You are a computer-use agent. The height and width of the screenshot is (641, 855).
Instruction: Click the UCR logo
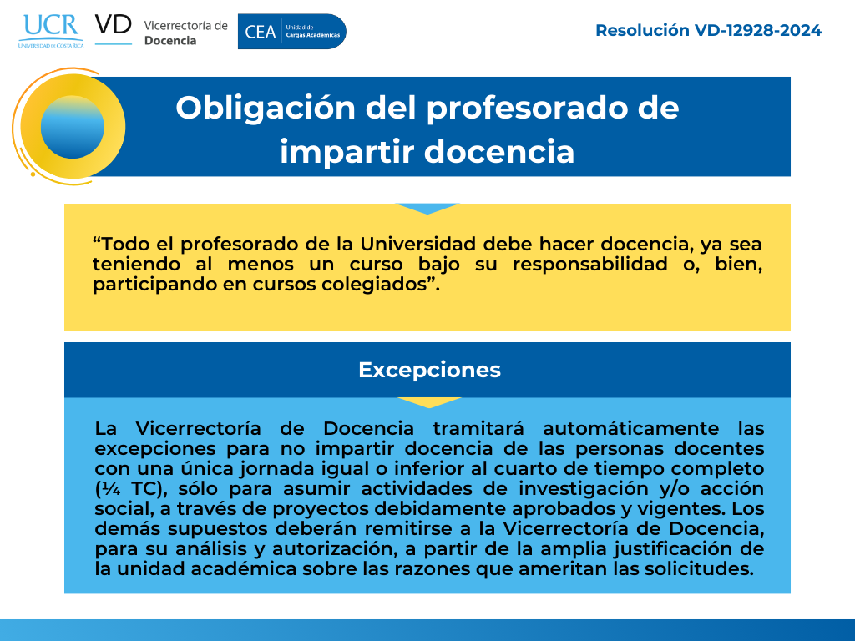(x=51, y=31)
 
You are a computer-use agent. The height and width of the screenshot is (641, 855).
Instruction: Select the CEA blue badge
(x=291, y=32)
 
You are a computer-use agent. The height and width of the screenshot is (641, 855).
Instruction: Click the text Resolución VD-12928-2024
(x=708, y=31)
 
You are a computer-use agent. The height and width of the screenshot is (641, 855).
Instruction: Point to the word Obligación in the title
(x=266, y=109)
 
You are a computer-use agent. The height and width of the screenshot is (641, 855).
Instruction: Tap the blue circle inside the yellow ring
(x=73, y=127)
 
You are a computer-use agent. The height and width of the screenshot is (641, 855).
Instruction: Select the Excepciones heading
(x=430, y=370)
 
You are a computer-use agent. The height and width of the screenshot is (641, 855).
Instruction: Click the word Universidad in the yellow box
(x=417, y=244)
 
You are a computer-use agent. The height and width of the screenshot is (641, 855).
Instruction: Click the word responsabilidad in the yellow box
(x=590, y=265)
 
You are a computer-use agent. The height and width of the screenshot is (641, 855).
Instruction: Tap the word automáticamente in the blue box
(x=631, y=428)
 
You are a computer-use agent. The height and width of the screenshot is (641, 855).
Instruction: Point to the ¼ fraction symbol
(x=111, y=488)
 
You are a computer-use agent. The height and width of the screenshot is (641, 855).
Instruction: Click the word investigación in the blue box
(x=584, y=489)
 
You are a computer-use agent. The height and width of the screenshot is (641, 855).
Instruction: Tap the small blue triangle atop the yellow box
(x=427, y=209)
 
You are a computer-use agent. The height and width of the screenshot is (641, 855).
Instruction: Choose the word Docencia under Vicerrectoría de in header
(x=170, y=41)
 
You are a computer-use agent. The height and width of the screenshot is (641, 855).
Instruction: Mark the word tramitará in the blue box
(x=478, y=428)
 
